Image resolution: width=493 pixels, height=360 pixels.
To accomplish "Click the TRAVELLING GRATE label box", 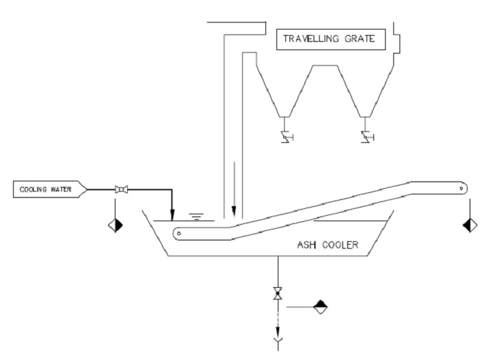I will point(331,39).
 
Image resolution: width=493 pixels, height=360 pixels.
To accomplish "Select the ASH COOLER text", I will point(327,244).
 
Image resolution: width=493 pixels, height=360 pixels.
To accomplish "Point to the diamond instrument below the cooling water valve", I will point(116,224).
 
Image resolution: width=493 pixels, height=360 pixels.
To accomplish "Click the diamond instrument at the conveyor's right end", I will point(470,224).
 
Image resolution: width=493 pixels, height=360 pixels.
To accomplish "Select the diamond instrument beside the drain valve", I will point(320,307).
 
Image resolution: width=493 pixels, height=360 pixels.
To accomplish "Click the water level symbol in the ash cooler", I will point(196,217).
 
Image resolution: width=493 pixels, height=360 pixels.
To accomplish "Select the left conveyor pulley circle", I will point(179,234).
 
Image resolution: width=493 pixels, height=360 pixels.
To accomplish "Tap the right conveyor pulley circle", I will point(462,188).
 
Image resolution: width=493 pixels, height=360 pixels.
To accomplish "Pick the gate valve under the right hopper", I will point(365,139).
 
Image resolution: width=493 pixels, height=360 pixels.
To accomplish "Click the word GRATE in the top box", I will point(361,39).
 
